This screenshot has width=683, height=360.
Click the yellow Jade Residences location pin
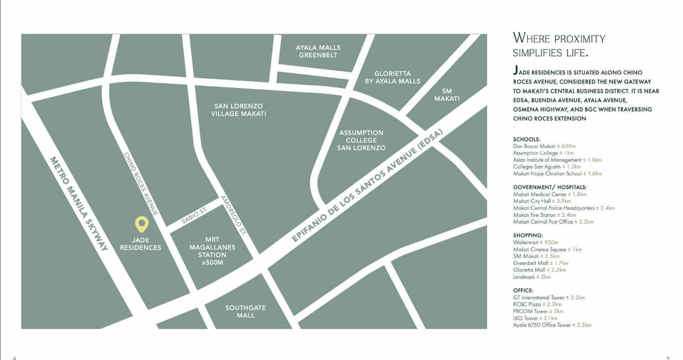tap(141, 223)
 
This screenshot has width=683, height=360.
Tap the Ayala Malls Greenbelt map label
tap(318, 51)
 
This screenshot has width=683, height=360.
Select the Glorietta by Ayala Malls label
tap(392, 77)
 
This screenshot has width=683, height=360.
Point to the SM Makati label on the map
tap(447, 95)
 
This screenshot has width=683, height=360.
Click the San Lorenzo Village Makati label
tap(239, 110)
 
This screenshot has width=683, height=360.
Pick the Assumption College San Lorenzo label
tap(361, 140)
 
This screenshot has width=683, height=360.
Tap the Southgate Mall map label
tap(245, 311)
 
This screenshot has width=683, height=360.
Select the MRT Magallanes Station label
tap(212, 251)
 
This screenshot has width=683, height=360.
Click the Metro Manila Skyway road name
tap(79, 203)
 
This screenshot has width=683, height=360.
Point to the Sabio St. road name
tap(194, 215)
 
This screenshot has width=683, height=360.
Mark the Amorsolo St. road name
tap(234, 216)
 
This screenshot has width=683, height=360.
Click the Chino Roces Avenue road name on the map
tap(141, 184)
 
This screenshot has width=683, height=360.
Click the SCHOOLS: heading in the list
tap(526, 139)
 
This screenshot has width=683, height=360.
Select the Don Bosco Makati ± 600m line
tap(544, 146)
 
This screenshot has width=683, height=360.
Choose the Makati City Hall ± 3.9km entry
tap(542, 201)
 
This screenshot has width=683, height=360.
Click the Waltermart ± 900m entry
tap(535, 243)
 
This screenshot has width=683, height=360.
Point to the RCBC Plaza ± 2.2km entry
tap(537, 304)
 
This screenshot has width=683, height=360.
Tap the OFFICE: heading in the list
tap(523, 290)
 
